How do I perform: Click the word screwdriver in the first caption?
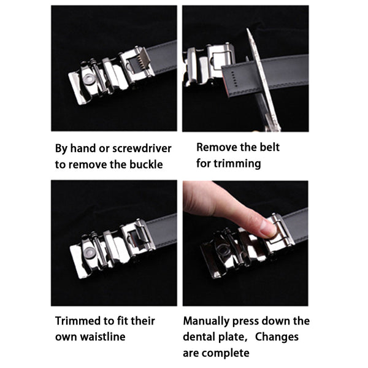tap(142, 148)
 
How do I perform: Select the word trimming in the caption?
tap(237, 164)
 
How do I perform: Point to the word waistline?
tap(102, 337)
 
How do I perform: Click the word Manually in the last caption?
tap(206, 321)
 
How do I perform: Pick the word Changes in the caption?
tap(277, 337)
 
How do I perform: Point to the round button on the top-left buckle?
tap(89, 79)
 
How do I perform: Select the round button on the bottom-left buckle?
tap(90, 252)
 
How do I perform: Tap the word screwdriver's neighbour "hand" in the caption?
tap(83, 148)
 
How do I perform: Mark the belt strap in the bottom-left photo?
tap(162, 229)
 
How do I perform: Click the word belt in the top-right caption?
tap(270, 147)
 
